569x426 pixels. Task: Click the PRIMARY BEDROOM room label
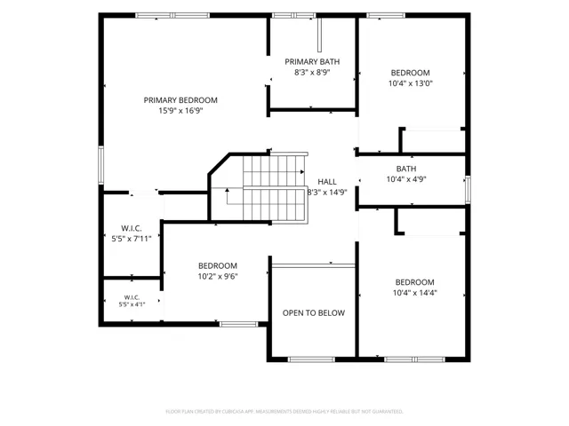click(180, 100)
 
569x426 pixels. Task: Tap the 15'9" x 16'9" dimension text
click(180, 110)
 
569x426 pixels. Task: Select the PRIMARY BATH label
click(312, 61)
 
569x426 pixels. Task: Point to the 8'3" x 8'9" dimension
click(312, 72)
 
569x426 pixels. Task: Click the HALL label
click(327, 181)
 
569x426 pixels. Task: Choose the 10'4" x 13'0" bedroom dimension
click(411, 83)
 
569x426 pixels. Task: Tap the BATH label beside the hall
click(406, 169)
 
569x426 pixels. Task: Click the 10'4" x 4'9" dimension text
click(406, 179)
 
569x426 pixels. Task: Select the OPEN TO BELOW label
click(314, 312)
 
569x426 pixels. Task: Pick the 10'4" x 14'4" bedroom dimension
click(415, 292)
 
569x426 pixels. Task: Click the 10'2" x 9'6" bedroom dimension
click(218, 276)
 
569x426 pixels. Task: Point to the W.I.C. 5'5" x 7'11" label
click(132, 233)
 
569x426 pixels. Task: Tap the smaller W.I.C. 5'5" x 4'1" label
click(132, 301)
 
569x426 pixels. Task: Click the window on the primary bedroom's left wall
click(100, 165)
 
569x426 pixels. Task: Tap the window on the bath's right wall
click(469, 189)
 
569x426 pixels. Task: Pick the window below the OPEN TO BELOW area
click(311, 359)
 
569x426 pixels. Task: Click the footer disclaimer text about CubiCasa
click(284, 412)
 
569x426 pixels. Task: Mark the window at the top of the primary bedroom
click(172, 15)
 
